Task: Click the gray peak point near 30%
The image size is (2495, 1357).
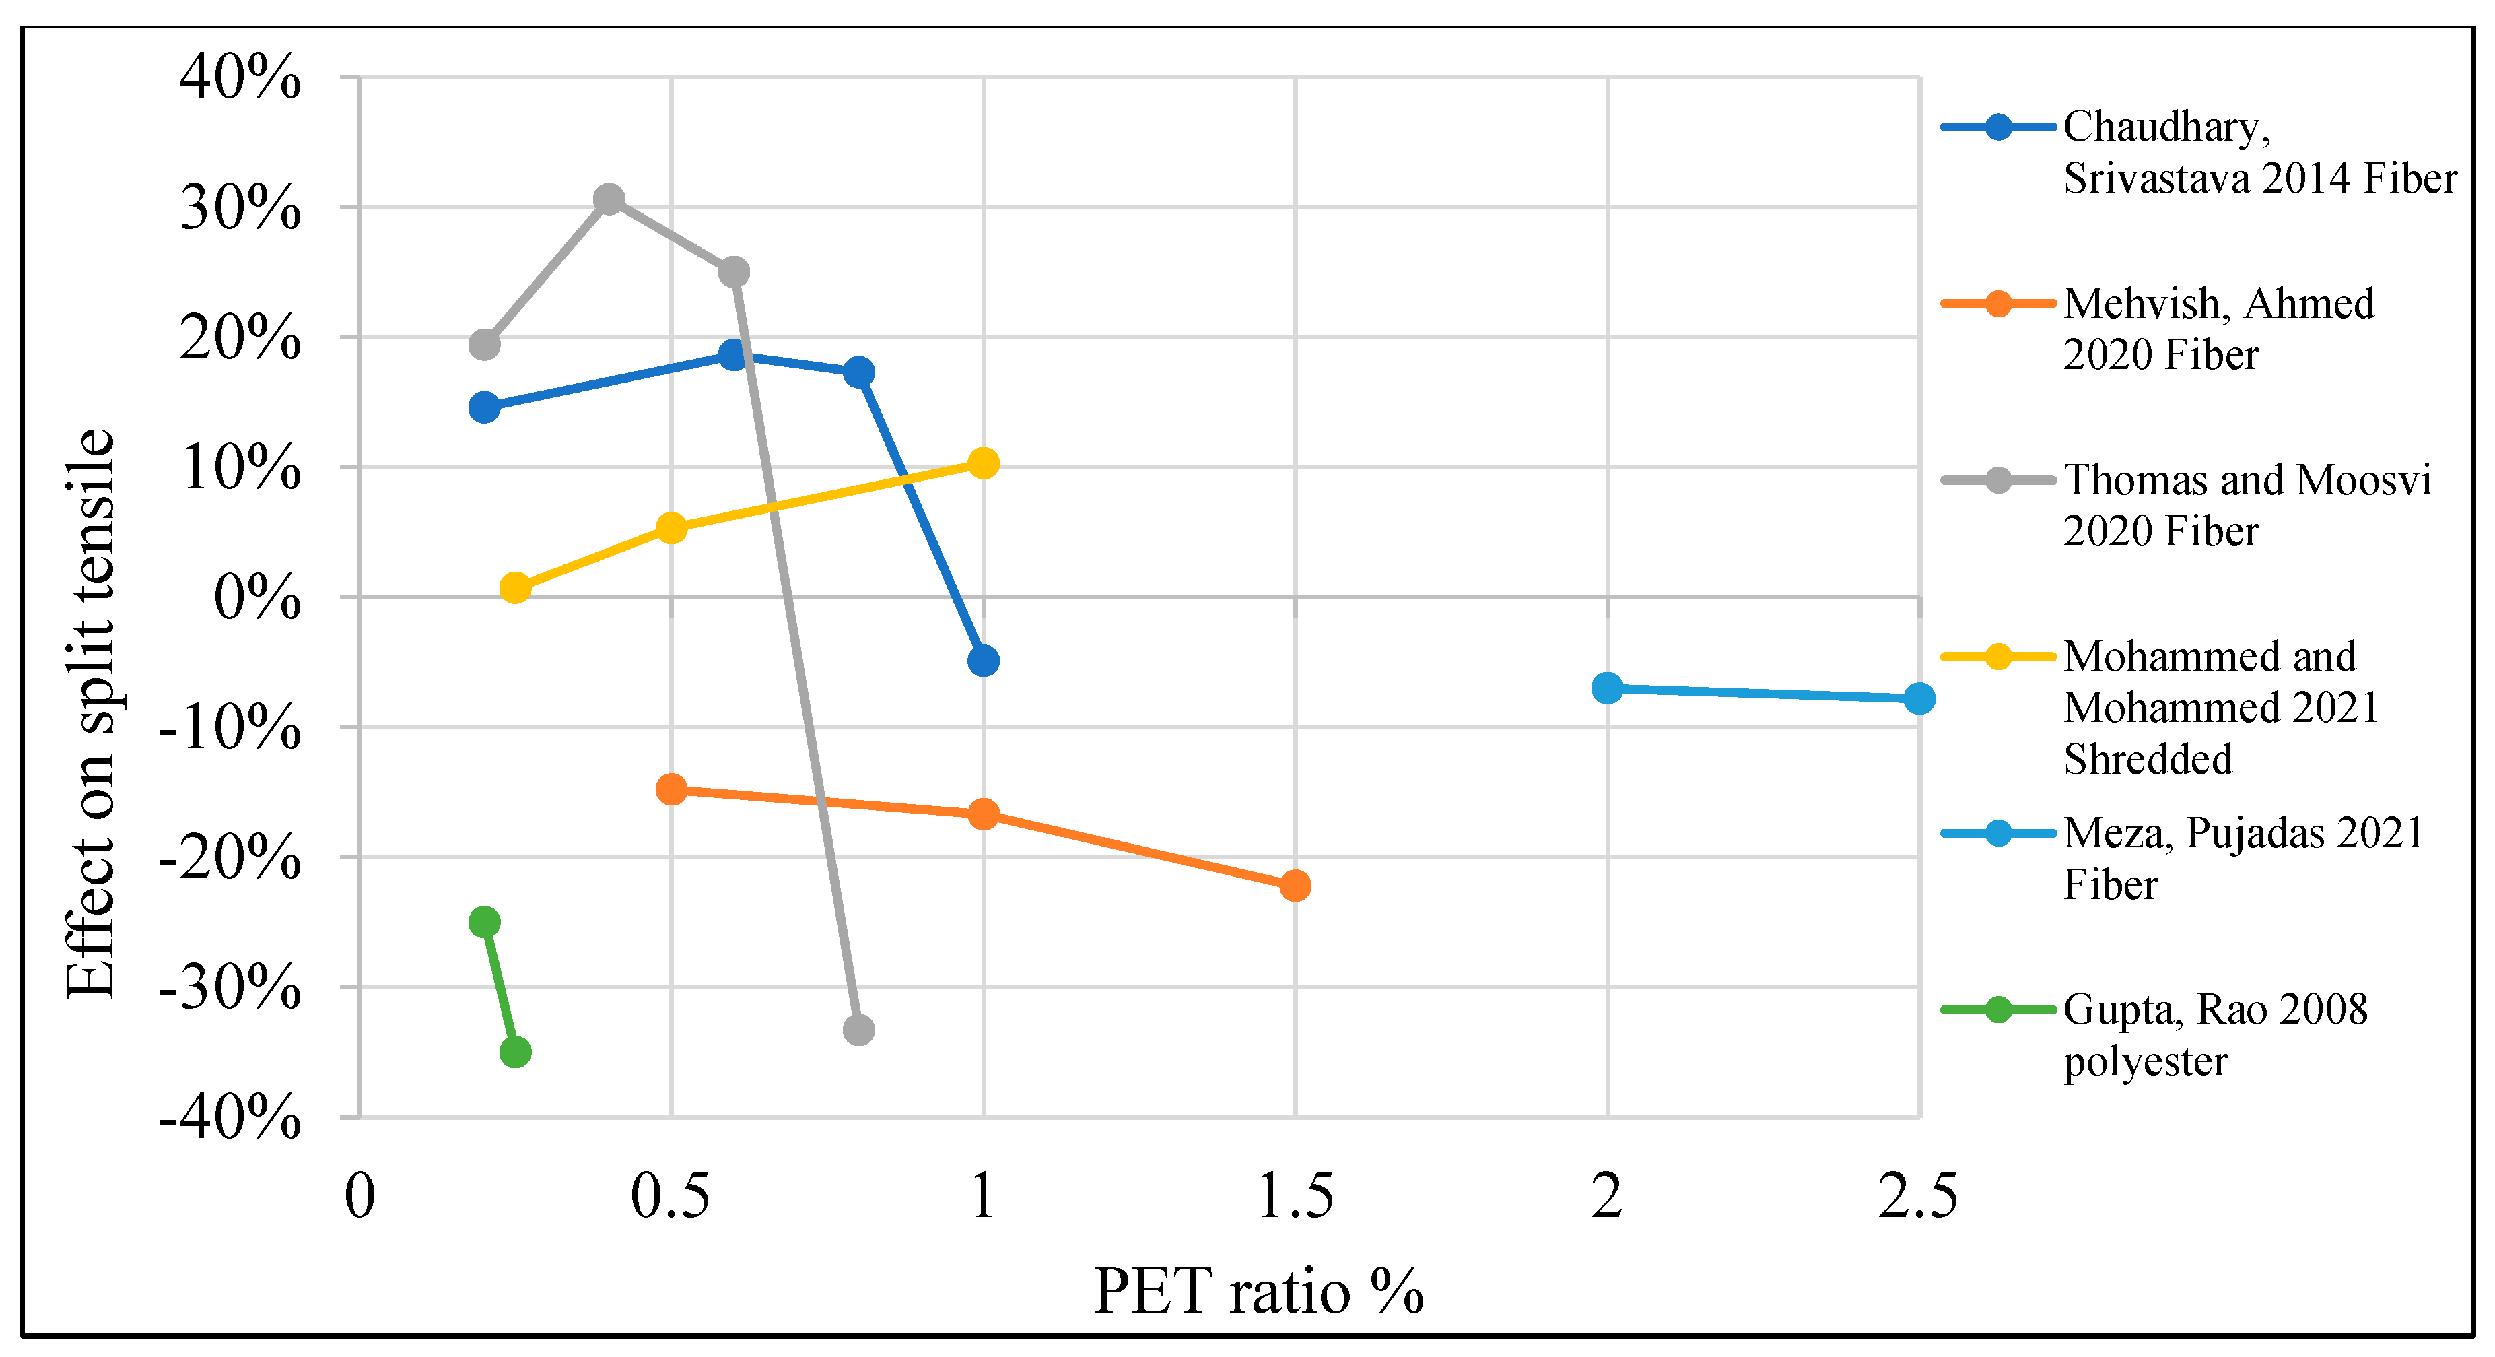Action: tap(608, 199)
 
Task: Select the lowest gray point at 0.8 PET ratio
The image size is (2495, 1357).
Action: tap(858, 1030)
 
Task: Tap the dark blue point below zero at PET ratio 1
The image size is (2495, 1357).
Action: tap(983, 661)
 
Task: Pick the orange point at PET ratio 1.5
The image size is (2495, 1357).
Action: tap(1295, 886)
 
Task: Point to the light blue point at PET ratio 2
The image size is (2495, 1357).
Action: tap(1607, 688)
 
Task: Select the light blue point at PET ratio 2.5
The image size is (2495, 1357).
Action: tap(1919, 698)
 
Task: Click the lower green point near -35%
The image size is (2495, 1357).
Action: tap(515, 1052)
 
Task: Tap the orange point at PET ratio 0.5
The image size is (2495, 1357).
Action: tap(671, 789)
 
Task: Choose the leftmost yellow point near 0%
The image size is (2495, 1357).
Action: tap(515, 588)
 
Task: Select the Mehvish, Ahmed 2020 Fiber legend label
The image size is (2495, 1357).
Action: tap(2218, 329)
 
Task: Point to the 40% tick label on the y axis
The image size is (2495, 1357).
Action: tap(240, 77)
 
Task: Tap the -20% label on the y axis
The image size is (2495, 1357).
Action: tap(230, 858)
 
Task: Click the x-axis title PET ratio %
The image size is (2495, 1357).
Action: tap(1258, 1291)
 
